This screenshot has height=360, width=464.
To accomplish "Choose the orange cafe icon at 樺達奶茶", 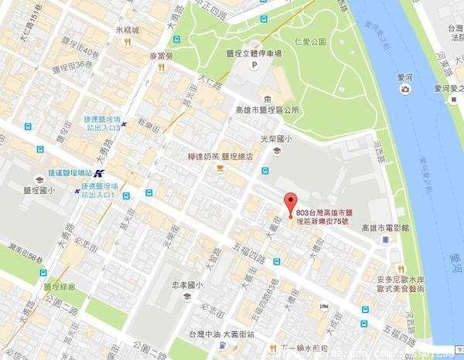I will (x=220, y=167).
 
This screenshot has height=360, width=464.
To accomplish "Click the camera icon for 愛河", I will (x=404, y=89).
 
